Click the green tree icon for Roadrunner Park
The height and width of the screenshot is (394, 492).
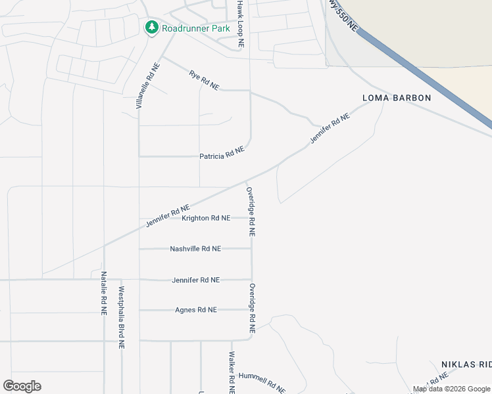coord(152,28)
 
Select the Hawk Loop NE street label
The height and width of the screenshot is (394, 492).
coord(241,24)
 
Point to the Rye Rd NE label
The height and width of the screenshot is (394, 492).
coord(204,81)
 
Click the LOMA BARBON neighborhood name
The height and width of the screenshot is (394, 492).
coord(397,98)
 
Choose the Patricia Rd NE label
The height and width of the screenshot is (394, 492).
coord(222,153)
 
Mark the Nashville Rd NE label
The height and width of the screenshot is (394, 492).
coord(195,249)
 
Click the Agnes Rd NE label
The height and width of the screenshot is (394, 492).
coord(195,310)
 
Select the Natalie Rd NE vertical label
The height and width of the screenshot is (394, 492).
coord(104,294)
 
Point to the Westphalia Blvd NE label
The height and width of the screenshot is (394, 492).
coord(121,317)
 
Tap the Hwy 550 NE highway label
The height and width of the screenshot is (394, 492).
coord(343,16)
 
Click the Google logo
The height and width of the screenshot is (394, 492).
coord(22,385)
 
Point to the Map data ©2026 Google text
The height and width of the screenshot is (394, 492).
coord(451,389)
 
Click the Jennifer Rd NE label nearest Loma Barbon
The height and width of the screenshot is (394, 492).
coord(330,128)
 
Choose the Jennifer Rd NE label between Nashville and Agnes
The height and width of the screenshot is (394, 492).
coord(195,280)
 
